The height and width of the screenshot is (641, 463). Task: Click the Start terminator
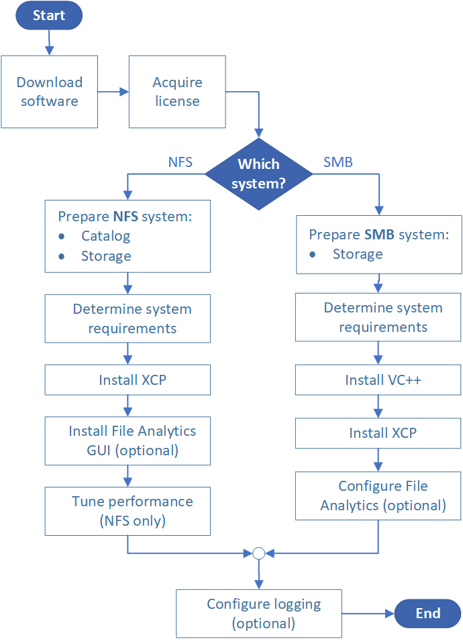pos(49,15)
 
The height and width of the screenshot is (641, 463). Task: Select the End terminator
pos(427,613)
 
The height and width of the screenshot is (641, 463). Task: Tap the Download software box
pos(49,92)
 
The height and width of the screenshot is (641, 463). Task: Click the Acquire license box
pos(177,92)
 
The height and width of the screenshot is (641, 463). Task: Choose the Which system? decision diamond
pos(258,174)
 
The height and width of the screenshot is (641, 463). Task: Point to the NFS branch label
pos(180,162)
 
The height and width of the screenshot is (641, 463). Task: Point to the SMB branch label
pos(338,162)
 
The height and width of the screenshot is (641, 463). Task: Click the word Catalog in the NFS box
pos(105,236)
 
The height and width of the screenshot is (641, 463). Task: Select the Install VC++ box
pos(378,380)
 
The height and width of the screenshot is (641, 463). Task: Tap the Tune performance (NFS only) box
pos(127,511)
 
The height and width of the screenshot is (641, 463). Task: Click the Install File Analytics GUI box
pos(127,441)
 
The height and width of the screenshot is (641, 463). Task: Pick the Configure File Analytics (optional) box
pos(378,496)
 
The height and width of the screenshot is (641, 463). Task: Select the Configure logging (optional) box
pos(259,614)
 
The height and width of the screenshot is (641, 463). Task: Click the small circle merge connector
pos(258,553)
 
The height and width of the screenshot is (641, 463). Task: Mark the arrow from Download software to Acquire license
pos(113,92)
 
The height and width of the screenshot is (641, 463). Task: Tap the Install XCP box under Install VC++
pos(378,433)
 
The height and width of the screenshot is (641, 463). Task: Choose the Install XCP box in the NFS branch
pos(127,380)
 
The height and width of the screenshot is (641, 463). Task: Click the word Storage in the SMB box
pos(358,254)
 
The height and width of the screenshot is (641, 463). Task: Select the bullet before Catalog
pos(62,237)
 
